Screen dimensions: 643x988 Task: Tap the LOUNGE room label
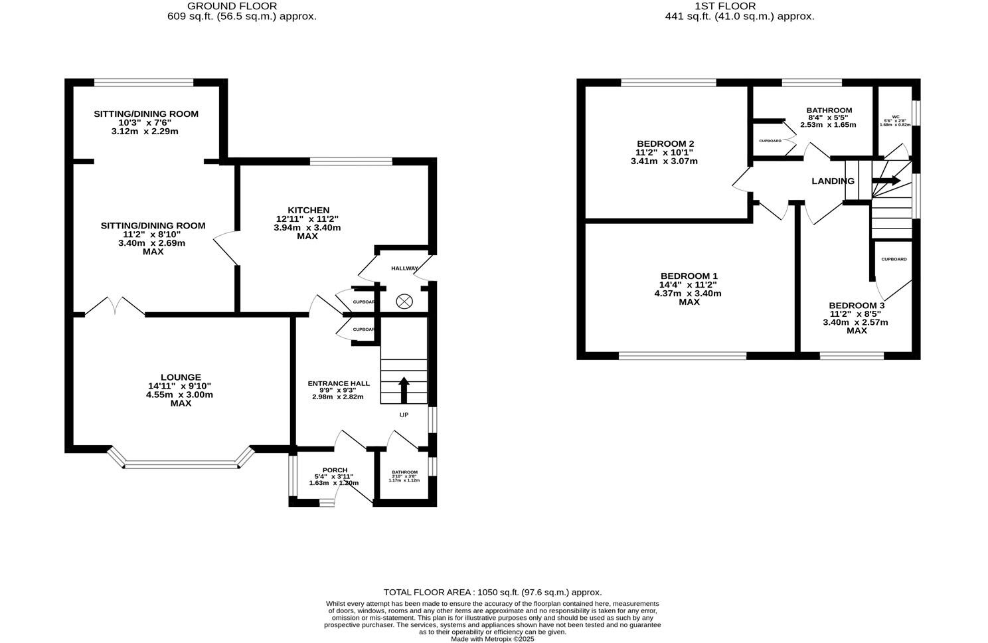(x=180, y=377)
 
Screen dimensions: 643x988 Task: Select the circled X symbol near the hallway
(x=404, y=302)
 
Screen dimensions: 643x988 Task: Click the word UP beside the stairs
(x=404, y=415)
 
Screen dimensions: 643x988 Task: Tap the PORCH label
(x=335, y=470)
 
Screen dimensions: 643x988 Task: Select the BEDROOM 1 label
(x=689, y=276)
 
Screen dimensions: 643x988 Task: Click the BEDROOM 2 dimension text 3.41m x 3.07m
(x=664, y=161)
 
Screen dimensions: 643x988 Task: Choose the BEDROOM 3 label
(x=856, y=306)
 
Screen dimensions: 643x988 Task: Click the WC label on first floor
(x=895, y=116)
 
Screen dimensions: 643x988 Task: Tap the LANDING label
(x=833, y=181)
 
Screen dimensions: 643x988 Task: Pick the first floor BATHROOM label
(x=829, y=110)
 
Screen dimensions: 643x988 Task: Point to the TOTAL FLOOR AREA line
(x=493, y=592)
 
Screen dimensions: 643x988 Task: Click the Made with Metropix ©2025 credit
(x=493, y=639)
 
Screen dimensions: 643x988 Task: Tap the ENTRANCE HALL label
(x=339, y=384)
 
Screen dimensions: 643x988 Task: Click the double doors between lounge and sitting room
(x=114, y=307)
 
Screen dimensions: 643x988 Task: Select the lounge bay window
(x=181, y=464)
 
